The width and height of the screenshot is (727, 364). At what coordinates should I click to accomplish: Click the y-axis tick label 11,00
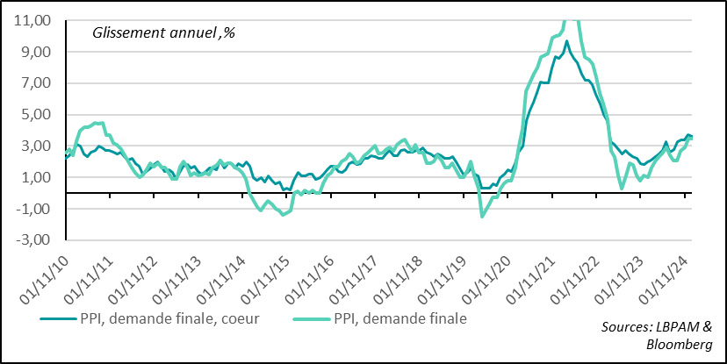[x=33, y=20]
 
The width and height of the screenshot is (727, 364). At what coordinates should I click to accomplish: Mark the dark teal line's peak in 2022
[x=566, y=41]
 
